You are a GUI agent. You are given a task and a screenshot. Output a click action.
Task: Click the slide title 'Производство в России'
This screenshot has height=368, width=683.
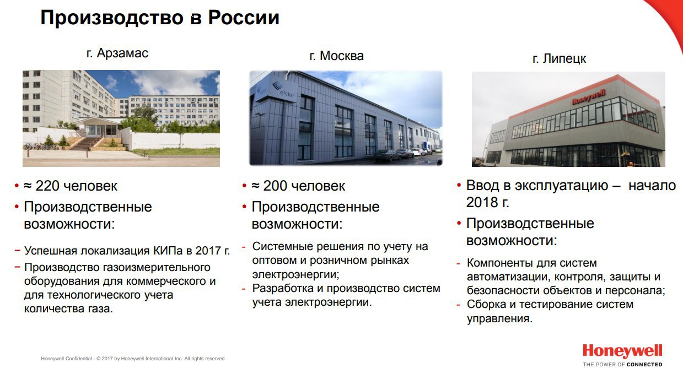(x=160, y=18)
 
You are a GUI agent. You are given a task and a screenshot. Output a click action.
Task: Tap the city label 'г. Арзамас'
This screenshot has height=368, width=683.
(x=117, y=53)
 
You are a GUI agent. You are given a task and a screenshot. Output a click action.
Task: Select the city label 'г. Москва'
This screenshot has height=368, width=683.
(x=337, y=56)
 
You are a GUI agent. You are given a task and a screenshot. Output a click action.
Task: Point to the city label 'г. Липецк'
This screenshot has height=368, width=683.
(x=559, y=58)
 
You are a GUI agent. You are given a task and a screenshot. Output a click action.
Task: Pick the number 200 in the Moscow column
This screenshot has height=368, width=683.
(x=275, y=186)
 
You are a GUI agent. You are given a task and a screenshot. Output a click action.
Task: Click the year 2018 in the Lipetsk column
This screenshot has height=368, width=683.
(x=481, y=202)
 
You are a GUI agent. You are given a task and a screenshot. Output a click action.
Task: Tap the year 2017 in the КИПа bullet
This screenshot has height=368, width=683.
(x=208, y=251)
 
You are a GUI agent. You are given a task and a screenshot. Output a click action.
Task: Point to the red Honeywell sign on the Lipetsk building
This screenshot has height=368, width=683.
(x=588, y=97)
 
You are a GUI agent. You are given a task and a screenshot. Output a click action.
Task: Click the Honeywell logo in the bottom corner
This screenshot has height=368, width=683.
(x=622, y=351)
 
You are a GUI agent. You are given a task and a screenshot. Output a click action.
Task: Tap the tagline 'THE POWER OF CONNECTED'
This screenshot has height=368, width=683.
(x=622, y=364)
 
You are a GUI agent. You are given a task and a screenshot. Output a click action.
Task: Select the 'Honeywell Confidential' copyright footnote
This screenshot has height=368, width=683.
(x=133, y=359)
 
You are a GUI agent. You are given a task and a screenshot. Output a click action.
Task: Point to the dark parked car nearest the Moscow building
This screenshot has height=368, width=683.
(x=387, y=155)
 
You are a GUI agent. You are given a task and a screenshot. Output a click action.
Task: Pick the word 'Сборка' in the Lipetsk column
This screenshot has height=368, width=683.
(x=485, y=304)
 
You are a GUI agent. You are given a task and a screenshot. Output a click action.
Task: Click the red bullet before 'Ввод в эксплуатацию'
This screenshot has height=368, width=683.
(x=459, y=185)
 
